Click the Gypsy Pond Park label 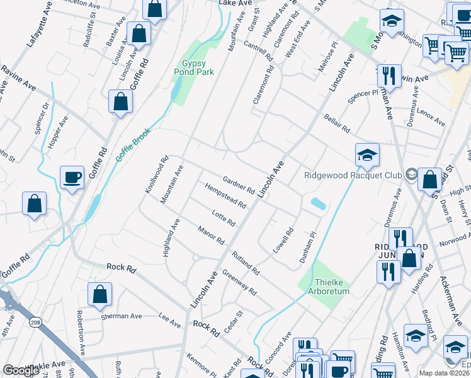click(198, 68)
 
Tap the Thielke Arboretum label click(328, 287)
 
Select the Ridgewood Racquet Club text click(352, 176)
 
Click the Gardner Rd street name click(238, 185)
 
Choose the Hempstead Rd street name click(225, 196)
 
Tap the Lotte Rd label click(224, 219)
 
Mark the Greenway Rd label click(239, 283)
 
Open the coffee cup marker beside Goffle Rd click(72, 178)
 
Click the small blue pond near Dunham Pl click(318, 203)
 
